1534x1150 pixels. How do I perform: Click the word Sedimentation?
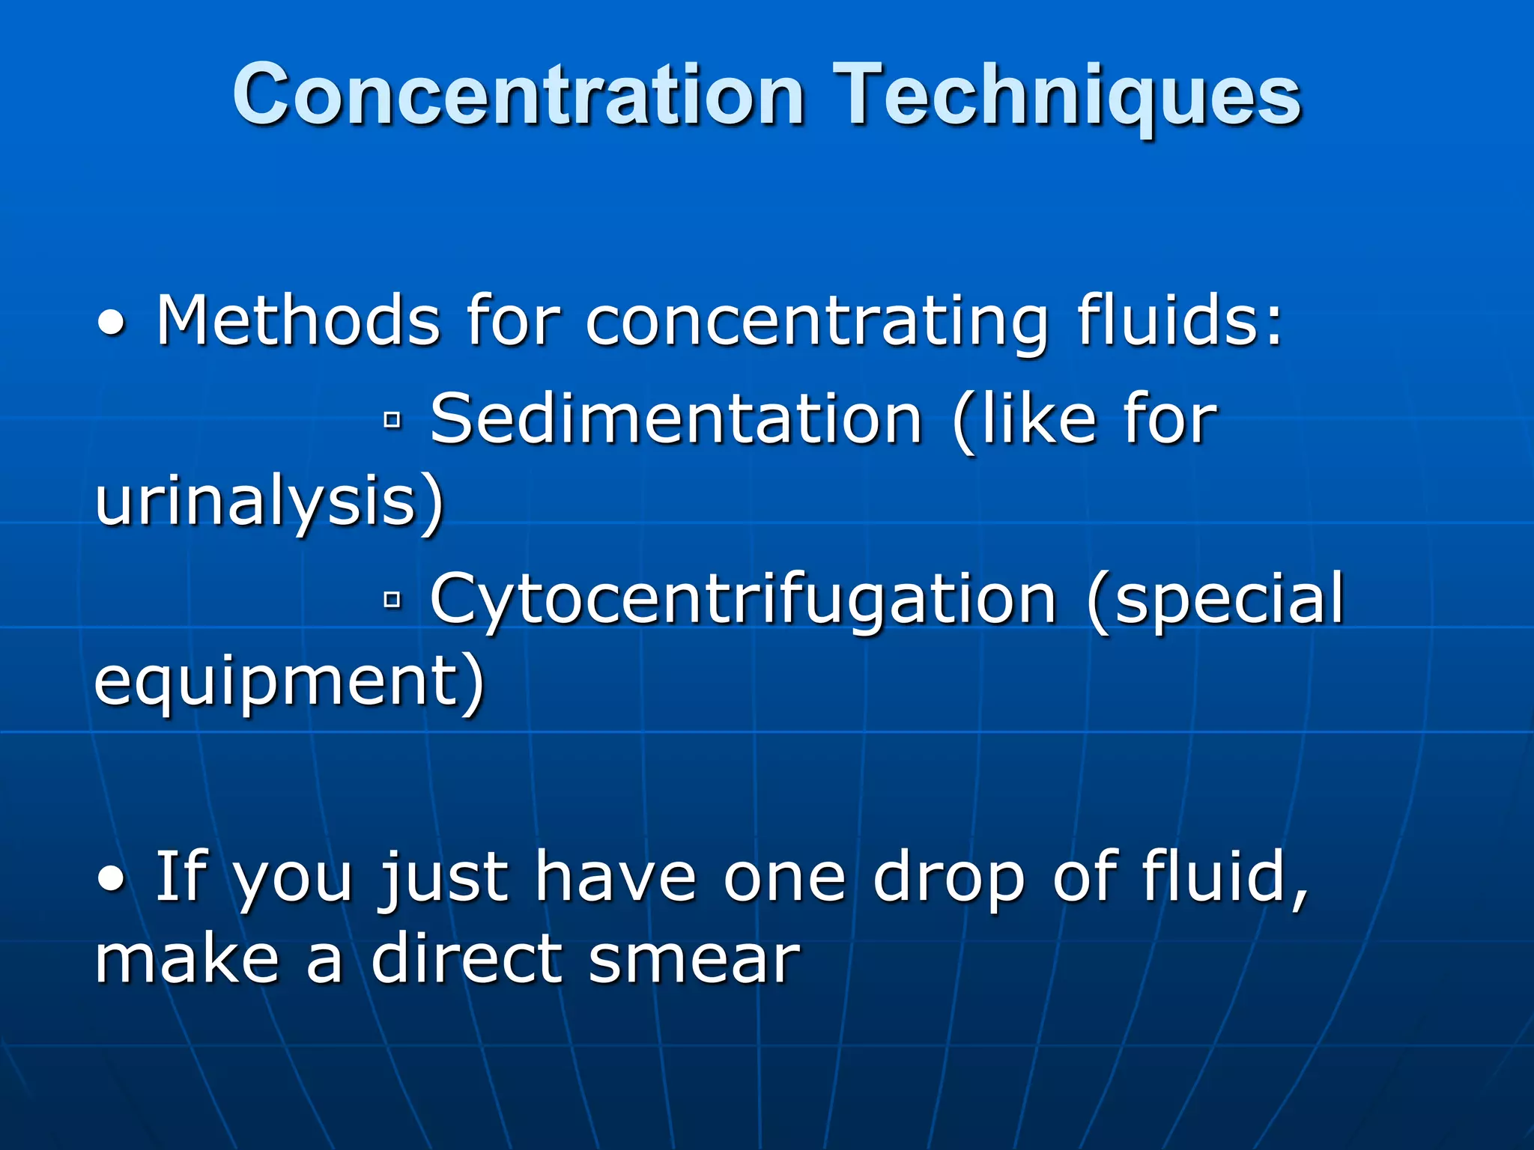coord(676,419)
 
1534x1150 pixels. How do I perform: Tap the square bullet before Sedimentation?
coord(392,421)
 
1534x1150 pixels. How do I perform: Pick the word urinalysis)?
coord(270,503)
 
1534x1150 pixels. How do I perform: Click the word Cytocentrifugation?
coord(743,599)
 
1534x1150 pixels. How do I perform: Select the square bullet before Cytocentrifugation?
coord(392,599)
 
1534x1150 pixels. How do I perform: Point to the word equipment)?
coord(289,683)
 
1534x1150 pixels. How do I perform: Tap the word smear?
coord(694,960)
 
